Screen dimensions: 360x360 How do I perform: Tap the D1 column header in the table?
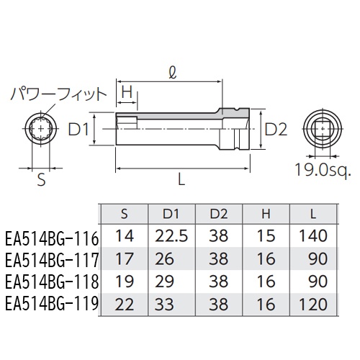tap(170, 213)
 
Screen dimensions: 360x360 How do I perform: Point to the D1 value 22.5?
tap(170, 235)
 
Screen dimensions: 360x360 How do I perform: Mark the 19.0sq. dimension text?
tap(323, 171)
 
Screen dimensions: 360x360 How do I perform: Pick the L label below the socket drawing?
tap(181, 181)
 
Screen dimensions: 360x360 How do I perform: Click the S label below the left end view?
tap(41, 181)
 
